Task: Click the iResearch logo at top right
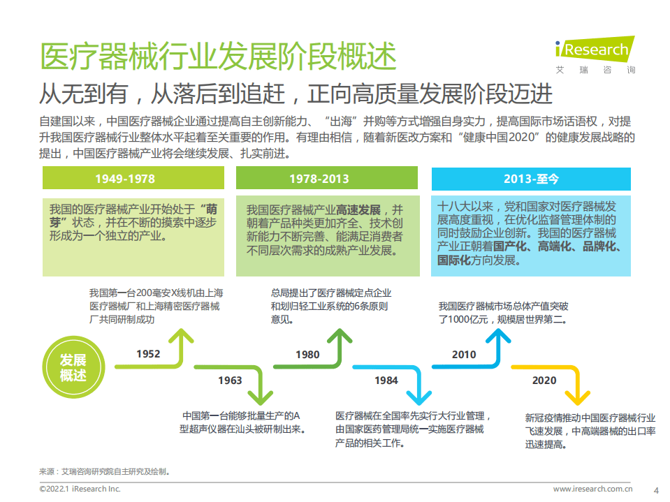pos(595,50)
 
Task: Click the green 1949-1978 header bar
pos(125,179)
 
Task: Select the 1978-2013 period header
pos(319,179)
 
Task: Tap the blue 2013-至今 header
pos(531,179)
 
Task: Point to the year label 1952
pos(148,354)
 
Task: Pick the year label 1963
pos(230,380)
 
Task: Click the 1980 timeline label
pos(307,354)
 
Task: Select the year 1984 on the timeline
pos(386,380)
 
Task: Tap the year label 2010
pos(464,354)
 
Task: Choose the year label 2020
pos(544,380)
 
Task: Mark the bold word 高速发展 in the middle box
pos(358,209)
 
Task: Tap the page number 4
pos(655,489)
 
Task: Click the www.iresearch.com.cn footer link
pos(592,489)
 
